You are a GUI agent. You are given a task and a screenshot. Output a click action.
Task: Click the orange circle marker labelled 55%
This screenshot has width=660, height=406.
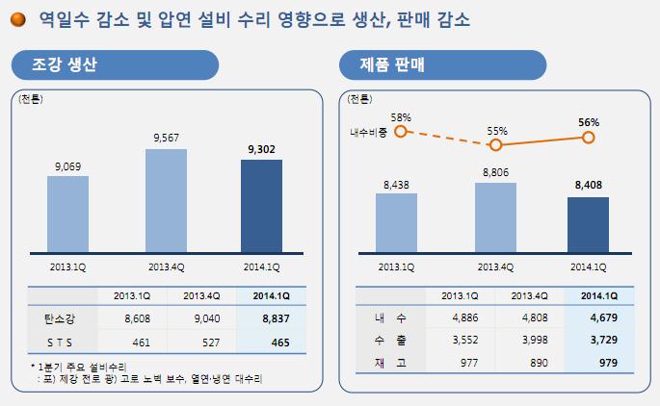tap(496, 145)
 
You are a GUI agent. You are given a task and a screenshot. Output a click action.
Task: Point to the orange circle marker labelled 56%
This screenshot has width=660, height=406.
tap(589, 138)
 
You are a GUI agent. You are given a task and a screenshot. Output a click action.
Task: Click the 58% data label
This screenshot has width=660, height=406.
tap(402, 117)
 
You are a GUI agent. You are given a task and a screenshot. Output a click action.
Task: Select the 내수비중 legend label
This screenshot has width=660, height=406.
tap(368, 133)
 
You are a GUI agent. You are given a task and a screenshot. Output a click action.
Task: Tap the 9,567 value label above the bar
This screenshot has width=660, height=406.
tap(168, 139)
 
